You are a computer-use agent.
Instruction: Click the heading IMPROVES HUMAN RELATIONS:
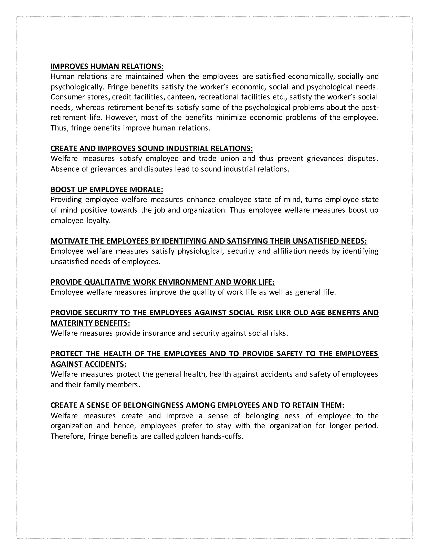click(107, 66)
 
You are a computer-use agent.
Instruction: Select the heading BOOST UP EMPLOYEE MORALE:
click(107, 190)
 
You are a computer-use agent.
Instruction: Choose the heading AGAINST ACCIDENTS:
click(88, 364)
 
